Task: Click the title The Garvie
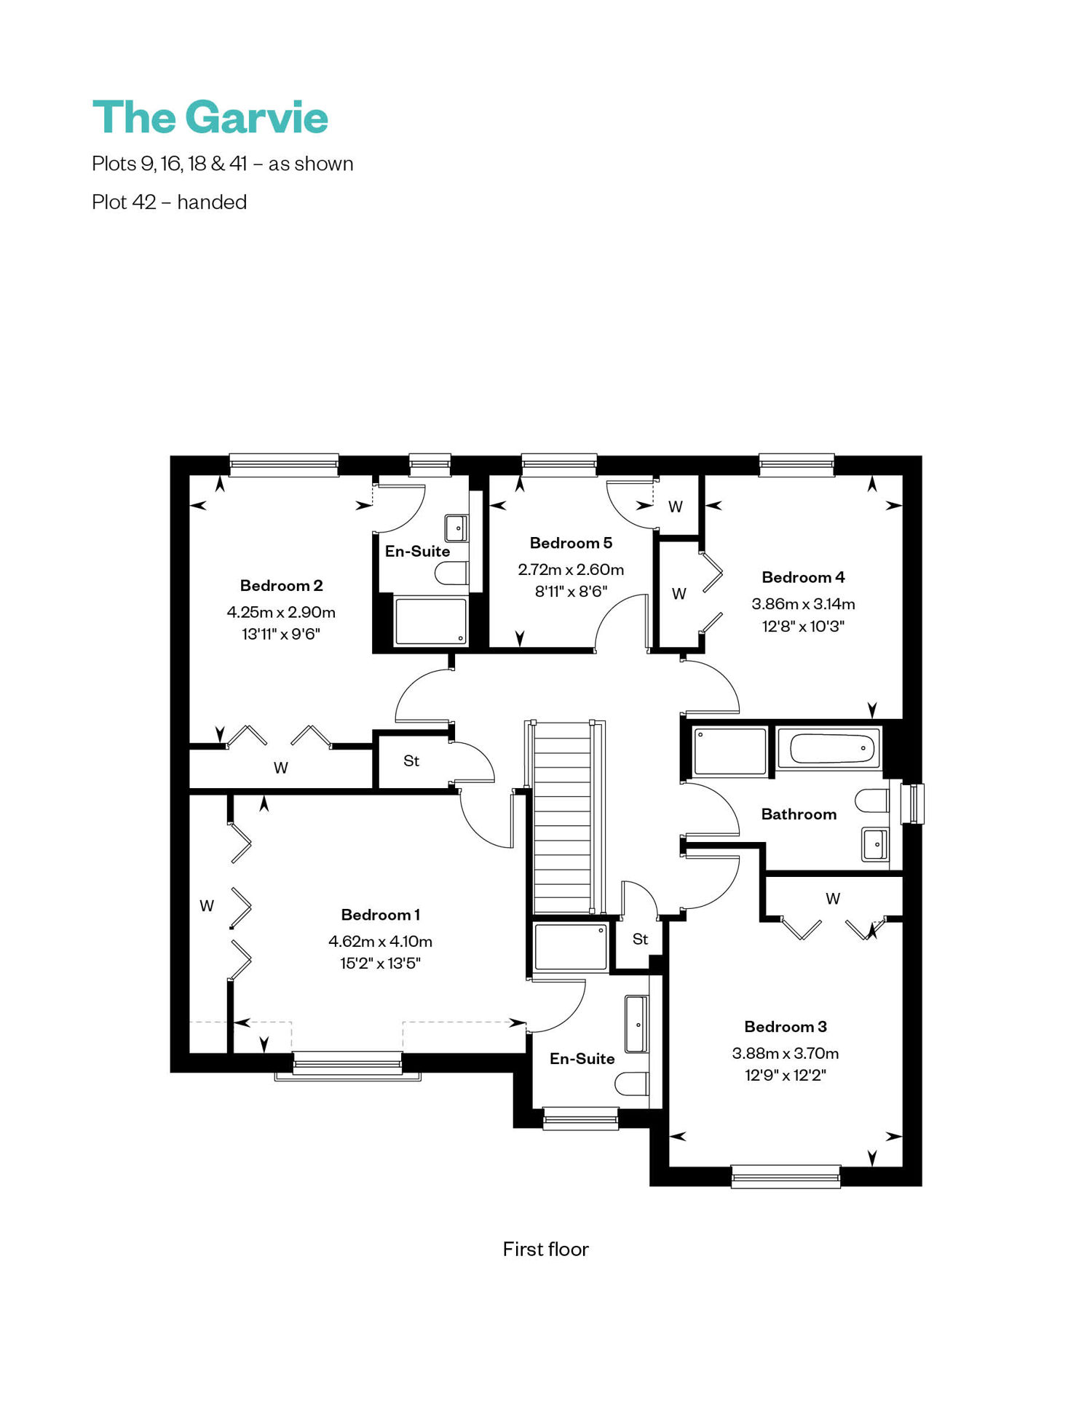click(210, 117)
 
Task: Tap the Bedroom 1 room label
click(380, 915)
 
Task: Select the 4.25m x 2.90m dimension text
click(281, 612)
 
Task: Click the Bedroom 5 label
click(571, 543)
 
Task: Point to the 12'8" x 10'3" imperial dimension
click(803, 626)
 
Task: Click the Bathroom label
click(799, 814)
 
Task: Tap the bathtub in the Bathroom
click(828, 748)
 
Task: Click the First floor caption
click(545, 1249)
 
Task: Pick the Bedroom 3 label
click(785, 1027)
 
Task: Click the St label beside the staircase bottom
click(640, 940)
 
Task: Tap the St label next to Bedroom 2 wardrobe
click(411, 761)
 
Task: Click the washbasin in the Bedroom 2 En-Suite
click(456, 528)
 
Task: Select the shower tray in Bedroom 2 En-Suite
click(430, 621)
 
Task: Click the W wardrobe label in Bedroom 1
click(207, 906)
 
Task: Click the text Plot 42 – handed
click(169, 202)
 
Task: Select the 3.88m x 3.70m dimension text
click(785, 1053)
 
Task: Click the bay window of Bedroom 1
click(347, 1066)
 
